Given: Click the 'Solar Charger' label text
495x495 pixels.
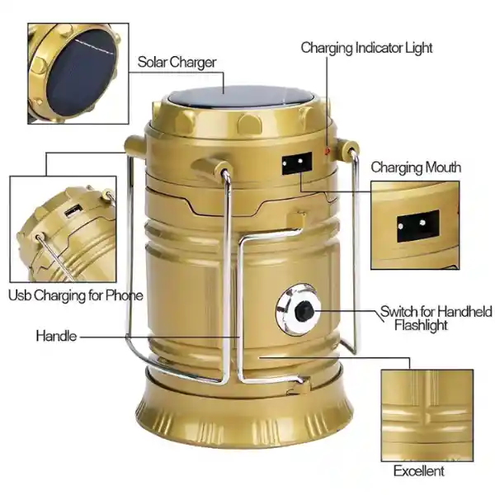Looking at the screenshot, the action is click(x=177, y=62).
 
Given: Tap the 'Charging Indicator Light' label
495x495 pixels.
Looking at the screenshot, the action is click(x=366, y=49).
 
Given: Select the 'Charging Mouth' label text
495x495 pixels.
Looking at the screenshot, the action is click(x=416, y=167).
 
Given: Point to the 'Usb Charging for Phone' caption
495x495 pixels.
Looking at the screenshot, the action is click(x=75, y=295).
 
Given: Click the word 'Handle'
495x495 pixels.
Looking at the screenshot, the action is click(x=56, y=336).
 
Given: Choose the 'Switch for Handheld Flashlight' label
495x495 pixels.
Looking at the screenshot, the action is click(x=436, y=318).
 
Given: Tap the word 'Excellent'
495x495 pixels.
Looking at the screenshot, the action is click(x=418, y=471).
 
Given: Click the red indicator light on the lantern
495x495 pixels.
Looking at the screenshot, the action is click(x=328, y=150).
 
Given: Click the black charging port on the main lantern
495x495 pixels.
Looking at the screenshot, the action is click(x=297, y=163).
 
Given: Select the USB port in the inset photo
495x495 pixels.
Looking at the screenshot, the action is click(x=73, y=210).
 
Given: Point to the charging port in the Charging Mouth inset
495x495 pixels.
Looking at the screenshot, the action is click(x=418, y=226).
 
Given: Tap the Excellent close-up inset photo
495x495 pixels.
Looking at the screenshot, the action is click(x=427, y=416).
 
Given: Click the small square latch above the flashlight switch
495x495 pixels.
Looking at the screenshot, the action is click(x=296, y=219).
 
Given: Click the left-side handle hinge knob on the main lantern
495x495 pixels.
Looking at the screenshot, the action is click(x=134, y=144).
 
